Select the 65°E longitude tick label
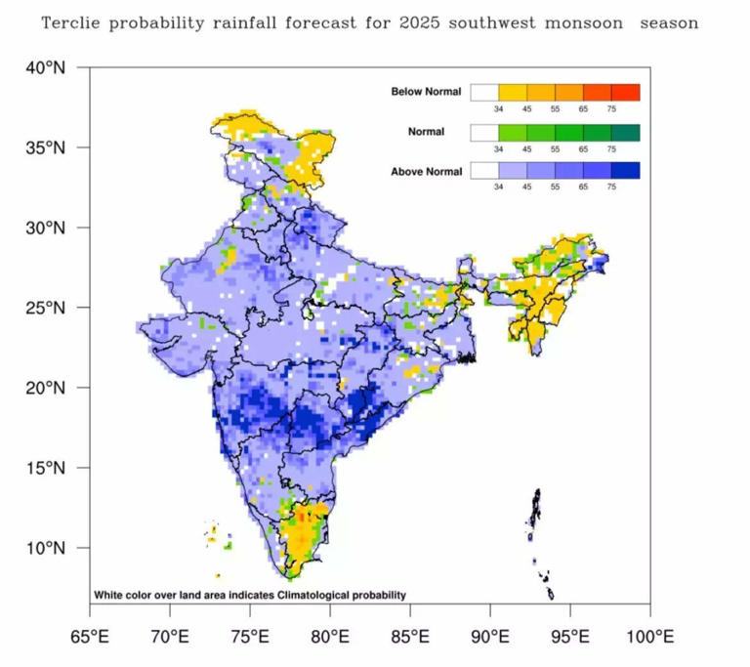coord(90,638)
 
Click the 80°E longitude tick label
coord(330,638)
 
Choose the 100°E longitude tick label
coord(649,638)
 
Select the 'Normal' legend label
coord(426,132)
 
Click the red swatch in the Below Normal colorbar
coord(626,93)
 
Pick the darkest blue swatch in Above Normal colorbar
coord(626,171)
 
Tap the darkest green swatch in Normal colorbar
coord(626,132)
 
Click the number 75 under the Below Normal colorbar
coord(611,109)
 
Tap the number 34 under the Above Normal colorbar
coord(498,188)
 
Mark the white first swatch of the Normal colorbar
coord(484,132)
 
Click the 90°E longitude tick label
coord(490,638)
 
